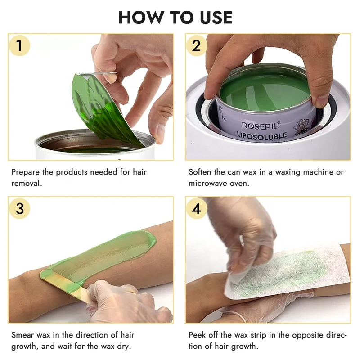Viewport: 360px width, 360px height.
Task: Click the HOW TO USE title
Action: coord(175,17)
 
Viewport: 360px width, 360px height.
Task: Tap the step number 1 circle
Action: coord(19,45)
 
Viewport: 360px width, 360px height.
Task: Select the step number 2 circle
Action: coord(196,45)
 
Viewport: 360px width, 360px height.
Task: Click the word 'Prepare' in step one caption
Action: coord(27,172)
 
